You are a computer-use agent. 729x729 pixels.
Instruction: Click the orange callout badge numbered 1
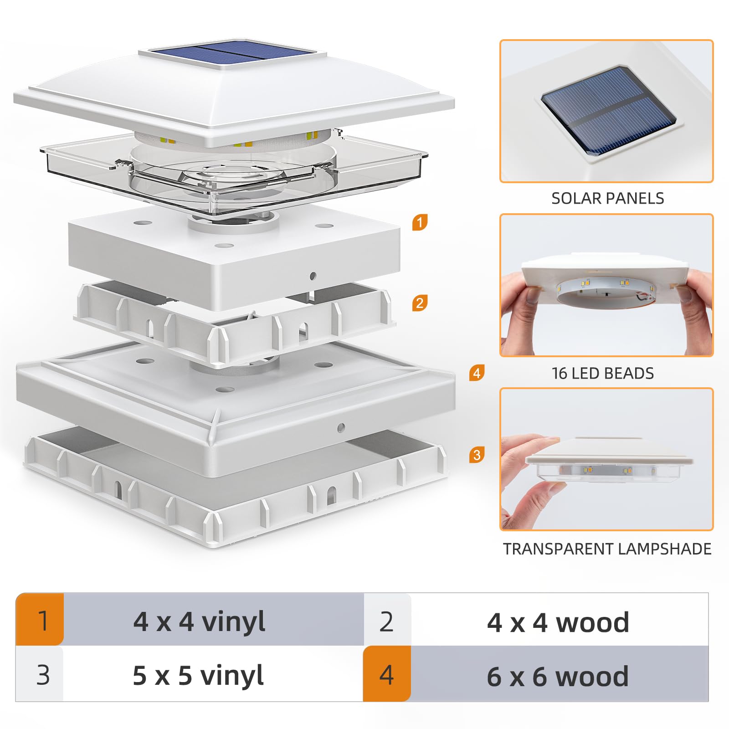(420, 222)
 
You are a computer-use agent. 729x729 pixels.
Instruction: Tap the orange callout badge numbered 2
(420, 303)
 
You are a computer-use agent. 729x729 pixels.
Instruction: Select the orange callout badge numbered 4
(477, 373)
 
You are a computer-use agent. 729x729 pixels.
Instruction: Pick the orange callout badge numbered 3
(477, 455)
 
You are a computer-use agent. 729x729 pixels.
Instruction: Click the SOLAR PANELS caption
(607, 198)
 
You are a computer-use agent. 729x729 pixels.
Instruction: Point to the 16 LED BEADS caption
(602, 373)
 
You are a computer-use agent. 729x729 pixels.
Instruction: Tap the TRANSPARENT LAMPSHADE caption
(607, 549)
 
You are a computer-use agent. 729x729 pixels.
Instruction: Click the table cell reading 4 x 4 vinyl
(200, 621)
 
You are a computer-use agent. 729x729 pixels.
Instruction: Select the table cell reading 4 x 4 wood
(558, 622)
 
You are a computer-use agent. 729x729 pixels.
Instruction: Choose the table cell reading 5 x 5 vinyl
(198, 675)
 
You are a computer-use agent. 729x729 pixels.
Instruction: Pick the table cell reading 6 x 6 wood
(558, 676)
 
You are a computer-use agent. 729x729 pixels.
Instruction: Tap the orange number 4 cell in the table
(387, 674)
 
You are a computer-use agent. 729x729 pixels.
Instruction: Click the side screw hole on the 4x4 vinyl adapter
(313, 276)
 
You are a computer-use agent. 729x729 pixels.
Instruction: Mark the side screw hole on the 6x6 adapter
(341, 428)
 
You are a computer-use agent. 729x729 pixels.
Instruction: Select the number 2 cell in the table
(387, 621)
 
